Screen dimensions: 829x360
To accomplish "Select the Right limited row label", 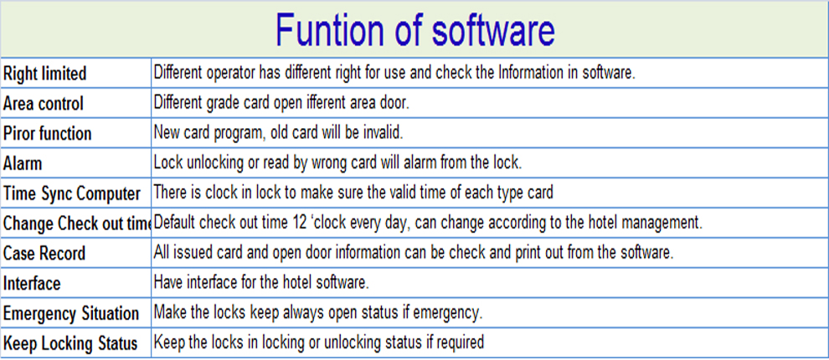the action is point(44,74).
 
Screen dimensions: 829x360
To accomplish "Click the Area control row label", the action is point(44,104).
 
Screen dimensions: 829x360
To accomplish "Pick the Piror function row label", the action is point(47,134).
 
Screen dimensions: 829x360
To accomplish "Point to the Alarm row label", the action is point(23,164).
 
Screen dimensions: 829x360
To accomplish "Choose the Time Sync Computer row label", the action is point(72,194).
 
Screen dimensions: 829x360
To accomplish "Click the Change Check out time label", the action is point(77,224).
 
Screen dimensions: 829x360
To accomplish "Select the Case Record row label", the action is point(44,254).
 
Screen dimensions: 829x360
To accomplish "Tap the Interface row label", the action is point(32,284).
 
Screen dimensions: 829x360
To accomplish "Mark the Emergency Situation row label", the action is point(71,314).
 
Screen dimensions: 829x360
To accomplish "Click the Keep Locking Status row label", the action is point(70,344).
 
